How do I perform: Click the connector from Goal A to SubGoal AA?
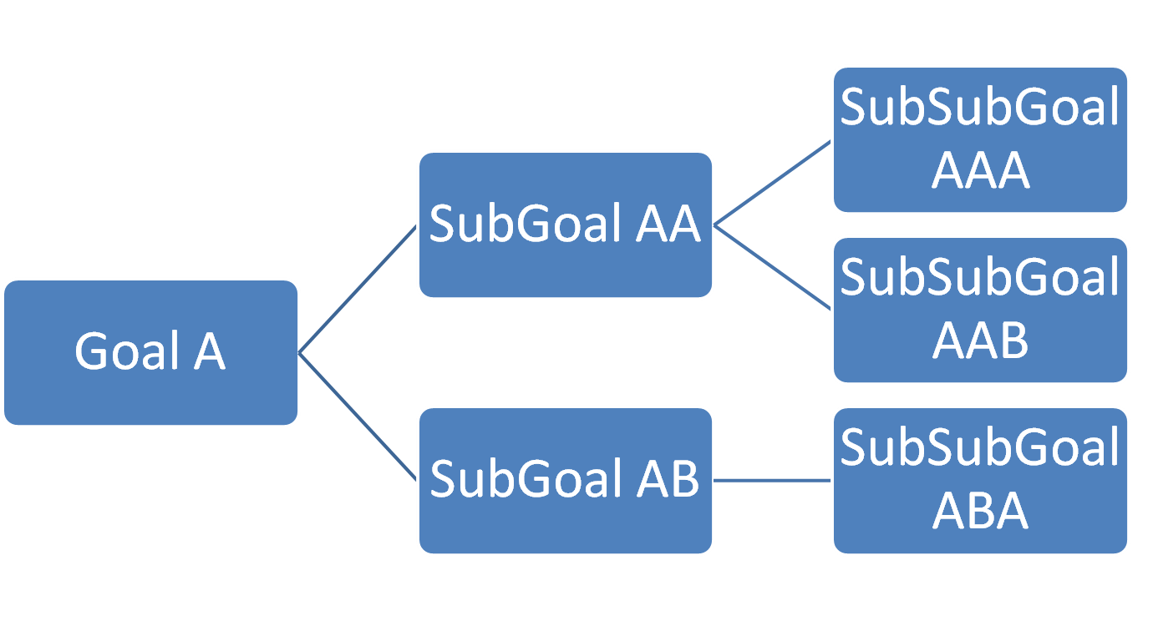(358, 290)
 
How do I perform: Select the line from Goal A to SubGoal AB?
(358, 416)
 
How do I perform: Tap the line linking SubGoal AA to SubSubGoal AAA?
(772, 183)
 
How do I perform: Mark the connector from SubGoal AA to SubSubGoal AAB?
(772, 267)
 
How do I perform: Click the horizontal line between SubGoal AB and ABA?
(772, 480)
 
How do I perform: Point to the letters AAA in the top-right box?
(980, 172)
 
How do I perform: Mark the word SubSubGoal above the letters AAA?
(980, 109)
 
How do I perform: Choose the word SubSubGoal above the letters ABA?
(980, 448)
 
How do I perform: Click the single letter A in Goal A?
(210, 351)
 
